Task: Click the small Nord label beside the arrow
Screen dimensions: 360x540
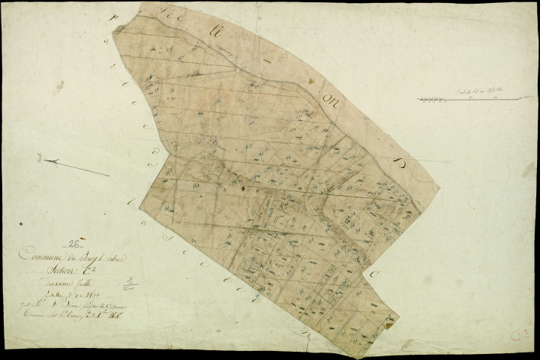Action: (x=35, y=158)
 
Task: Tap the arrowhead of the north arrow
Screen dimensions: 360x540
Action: (x=47, y=160)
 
